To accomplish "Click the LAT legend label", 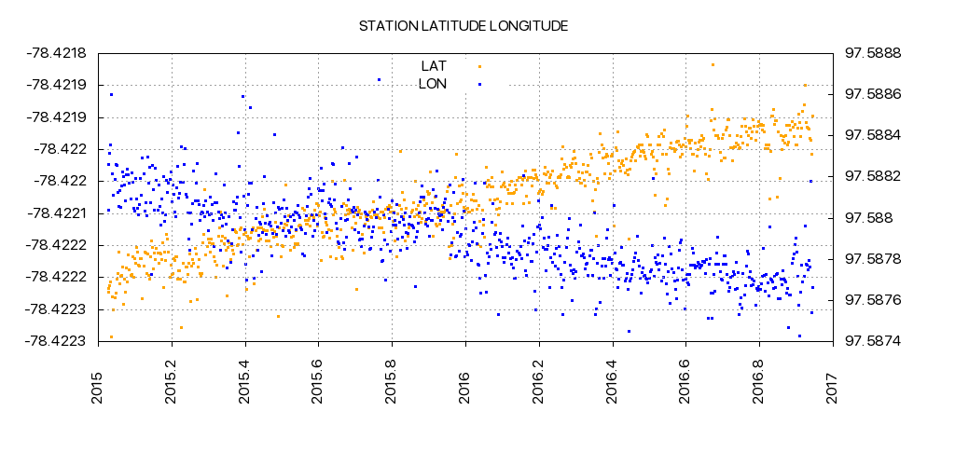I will (x=434, y=65).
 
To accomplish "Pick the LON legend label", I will (x=433, y=84).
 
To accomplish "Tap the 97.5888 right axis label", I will (x=873, y=53).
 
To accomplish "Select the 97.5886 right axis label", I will (x=873, y=94).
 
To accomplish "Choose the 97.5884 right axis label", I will (x=873, y=135).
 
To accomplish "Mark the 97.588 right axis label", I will (x=868, y=218).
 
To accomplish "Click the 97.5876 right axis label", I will (x=873, y=300).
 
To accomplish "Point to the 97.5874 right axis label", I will (x=873, y=341).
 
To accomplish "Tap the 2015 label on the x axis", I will (x=99, y=384).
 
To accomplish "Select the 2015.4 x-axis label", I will (x=245, y=379).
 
